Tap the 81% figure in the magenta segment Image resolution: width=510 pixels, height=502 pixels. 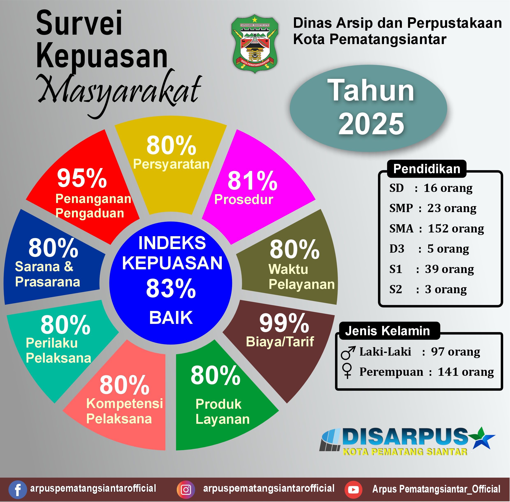coord(252,181)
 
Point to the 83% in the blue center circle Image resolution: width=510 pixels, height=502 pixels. coord(171,289)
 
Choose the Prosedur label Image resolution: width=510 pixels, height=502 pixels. coord(243,200)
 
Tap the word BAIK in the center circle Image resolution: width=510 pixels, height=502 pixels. coord(171,318)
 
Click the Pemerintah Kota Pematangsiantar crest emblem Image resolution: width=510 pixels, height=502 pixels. coord(254,43)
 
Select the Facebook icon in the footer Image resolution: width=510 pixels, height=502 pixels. coord(17,490)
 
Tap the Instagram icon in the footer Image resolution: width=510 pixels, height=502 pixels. coord(186,490)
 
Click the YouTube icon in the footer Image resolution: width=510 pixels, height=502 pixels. coord(353,490)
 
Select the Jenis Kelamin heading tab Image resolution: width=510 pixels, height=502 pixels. coord(387,331)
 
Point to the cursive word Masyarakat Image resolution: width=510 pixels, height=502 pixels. coord(120,90)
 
